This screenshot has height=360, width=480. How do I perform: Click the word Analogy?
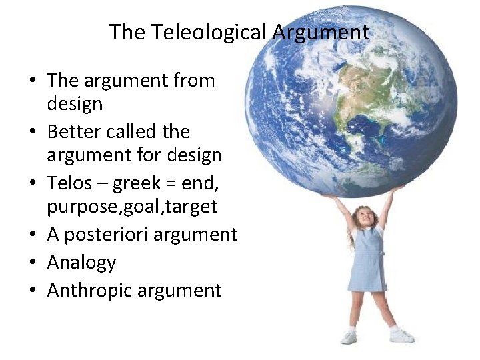pos(81,263)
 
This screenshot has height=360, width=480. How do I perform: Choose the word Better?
pos(73,131)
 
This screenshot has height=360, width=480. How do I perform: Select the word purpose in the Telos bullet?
pos(81,207)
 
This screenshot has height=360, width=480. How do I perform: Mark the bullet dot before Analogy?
pos(32,263)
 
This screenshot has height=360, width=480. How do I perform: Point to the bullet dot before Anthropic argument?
pos(32,291)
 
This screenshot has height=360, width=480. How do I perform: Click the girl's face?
pos(364,217)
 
